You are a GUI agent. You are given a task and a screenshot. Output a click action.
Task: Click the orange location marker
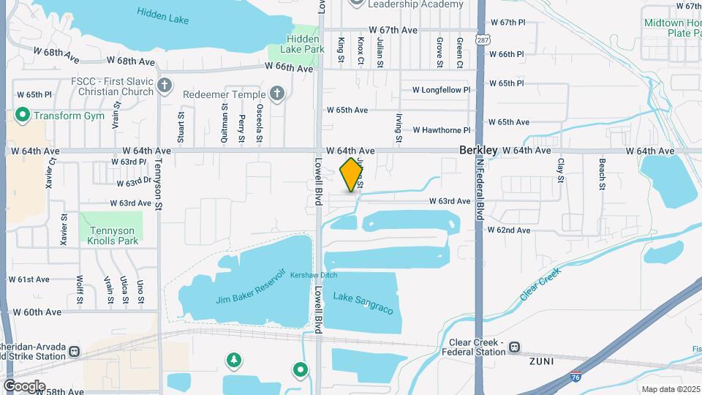(352, 174)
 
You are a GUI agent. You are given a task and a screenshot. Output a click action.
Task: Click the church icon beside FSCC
(165, 86)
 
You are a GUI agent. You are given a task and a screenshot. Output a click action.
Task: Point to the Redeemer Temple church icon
(276, 94)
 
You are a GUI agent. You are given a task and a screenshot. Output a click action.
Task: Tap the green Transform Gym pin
(22, 115)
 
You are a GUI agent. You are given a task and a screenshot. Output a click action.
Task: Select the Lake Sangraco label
(363, 303)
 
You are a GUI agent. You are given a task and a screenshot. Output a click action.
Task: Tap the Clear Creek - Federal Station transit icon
(515, 347)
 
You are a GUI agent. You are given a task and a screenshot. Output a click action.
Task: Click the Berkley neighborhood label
(479, 150)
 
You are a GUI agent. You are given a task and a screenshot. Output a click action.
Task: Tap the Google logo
(24, 386)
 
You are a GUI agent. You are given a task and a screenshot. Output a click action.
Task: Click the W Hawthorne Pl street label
(441, 130)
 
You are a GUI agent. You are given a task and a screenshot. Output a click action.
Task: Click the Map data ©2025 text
(670, 389)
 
